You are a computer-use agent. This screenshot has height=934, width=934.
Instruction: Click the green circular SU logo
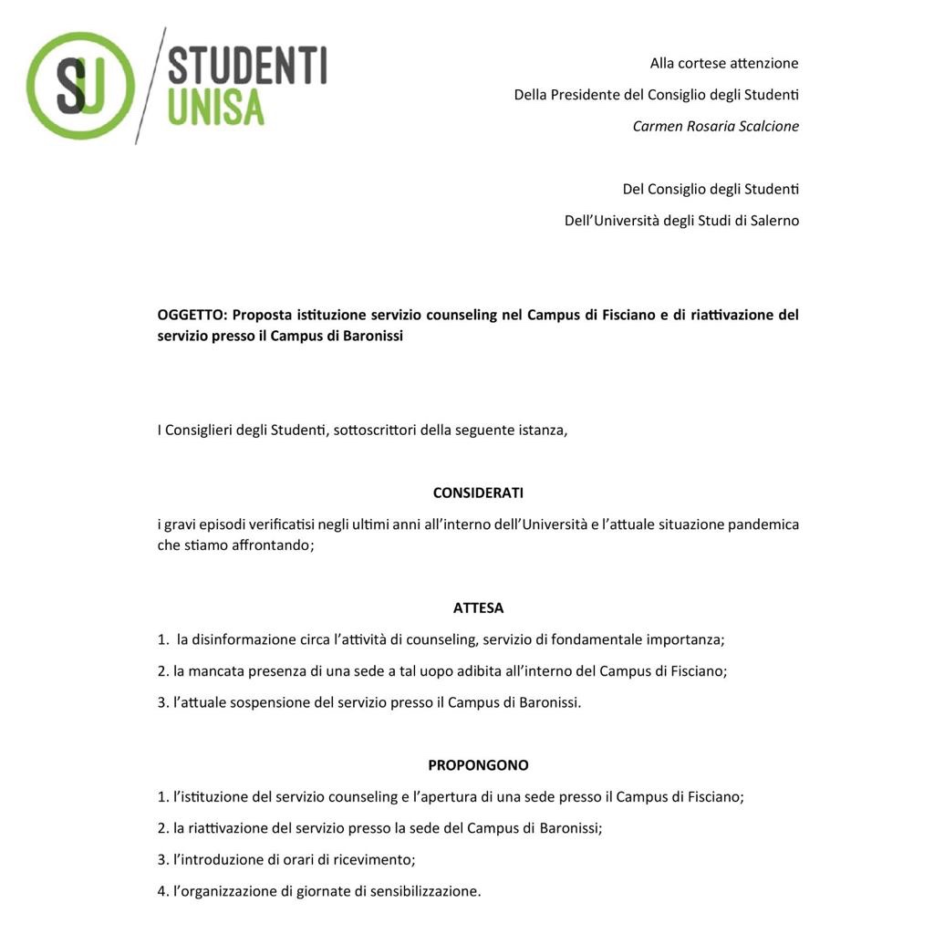(80, 86)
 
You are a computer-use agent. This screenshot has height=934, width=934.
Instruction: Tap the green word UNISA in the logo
(216, 108)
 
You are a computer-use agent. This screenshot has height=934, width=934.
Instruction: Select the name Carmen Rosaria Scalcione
(715, 126)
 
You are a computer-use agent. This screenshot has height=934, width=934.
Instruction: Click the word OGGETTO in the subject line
(190, 315)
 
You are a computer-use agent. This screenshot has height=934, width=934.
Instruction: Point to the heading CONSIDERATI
(478, 493)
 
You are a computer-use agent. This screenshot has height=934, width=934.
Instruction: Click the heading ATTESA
(478, 607)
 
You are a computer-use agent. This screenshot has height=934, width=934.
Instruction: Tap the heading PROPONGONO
(478, 765)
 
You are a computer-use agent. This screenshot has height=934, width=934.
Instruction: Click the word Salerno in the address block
(774, 220)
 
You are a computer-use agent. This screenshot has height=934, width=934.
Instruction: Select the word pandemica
(763, 524)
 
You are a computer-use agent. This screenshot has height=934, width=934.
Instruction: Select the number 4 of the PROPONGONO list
(161, 891)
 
